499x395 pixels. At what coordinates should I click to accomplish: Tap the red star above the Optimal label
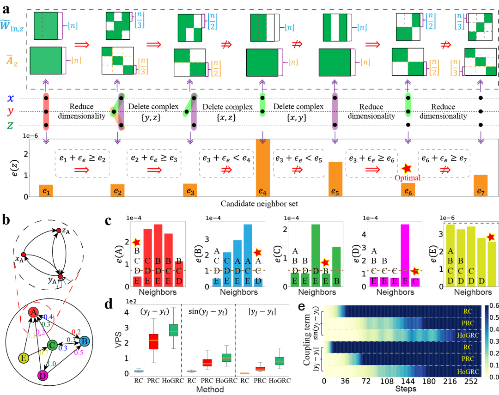(407, 168)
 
